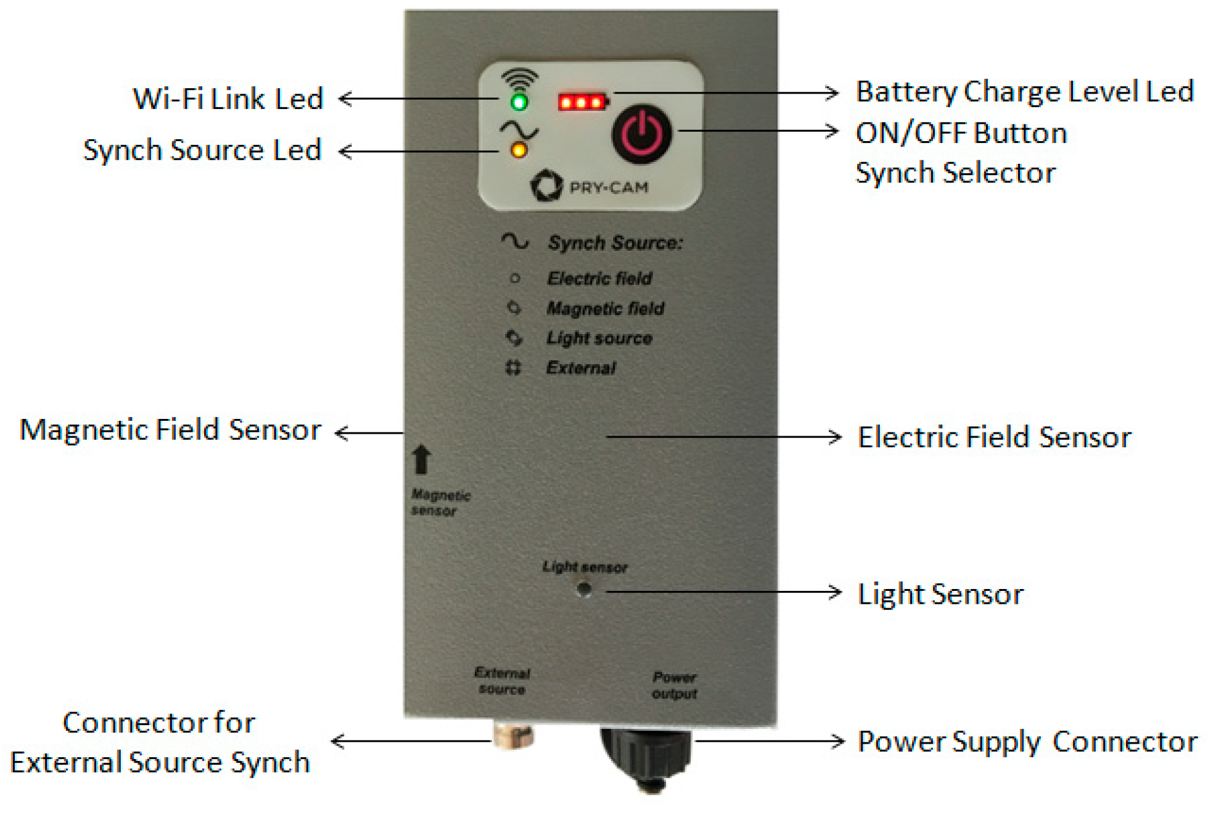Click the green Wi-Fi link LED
click(519, 102)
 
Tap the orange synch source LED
click(519, 150)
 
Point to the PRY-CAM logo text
click(609, 187)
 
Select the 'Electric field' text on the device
click(599, 278)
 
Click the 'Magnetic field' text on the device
click(606, 308)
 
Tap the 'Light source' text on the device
click(599, 338)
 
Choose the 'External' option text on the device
click(581, 368)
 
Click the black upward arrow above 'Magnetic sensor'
click(422, 460)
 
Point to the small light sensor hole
click(584, 590)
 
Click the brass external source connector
click(513, 735)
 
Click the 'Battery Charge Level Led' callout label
click(1024, 92)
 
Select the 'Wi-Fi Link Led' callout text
click(228, 99)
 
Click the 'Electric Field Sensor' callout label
click(994, 437)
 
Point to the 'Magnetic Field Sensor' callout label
click(170, 430)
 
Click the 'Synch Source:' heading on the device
click(615, 243)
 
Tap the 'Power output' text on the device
click(675, 686)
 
